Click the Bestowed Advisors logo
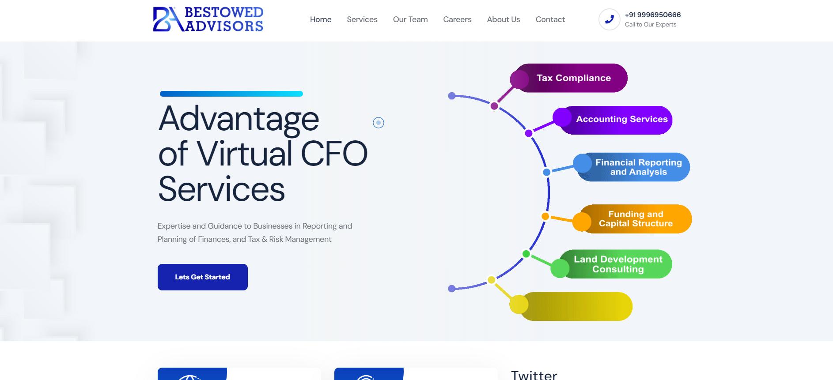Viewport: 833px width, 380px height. (208, 19)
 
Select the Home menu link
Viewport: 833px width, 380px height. (321, 19)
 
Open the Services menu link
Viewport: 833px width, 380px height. (362, 19)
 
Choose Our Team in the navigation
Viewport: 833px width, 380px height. (410, 19)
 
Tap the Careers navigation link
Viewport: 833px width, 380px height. (457, 19)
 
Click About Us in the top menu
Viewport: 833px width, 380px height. (504, 19)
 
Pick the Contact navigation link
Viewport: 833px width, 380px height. (550, 19)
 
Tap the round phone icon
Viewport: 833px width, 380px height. (610, 19)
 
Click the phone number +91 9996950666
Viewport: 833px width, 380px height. (653, 15)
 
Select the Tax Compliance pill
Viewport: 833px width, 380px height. (573, 78)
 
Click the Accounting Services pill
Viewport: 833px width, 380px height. (621, 119)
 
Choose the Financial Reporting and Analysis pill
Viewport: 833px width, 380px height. (638, 167)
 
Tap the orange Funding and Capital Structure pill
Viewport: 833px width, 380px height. (636, 219)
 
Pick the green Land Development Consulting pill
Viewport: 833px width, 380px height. (618, 264)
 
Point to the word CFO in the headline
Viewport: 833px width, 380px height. (334, 154)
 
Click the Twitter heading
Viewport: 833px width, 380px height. (534, 375)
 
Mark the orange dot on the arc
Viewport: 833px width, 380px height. (545, 216)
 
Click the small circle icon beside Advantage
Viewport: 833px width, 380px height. (379, 123)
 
